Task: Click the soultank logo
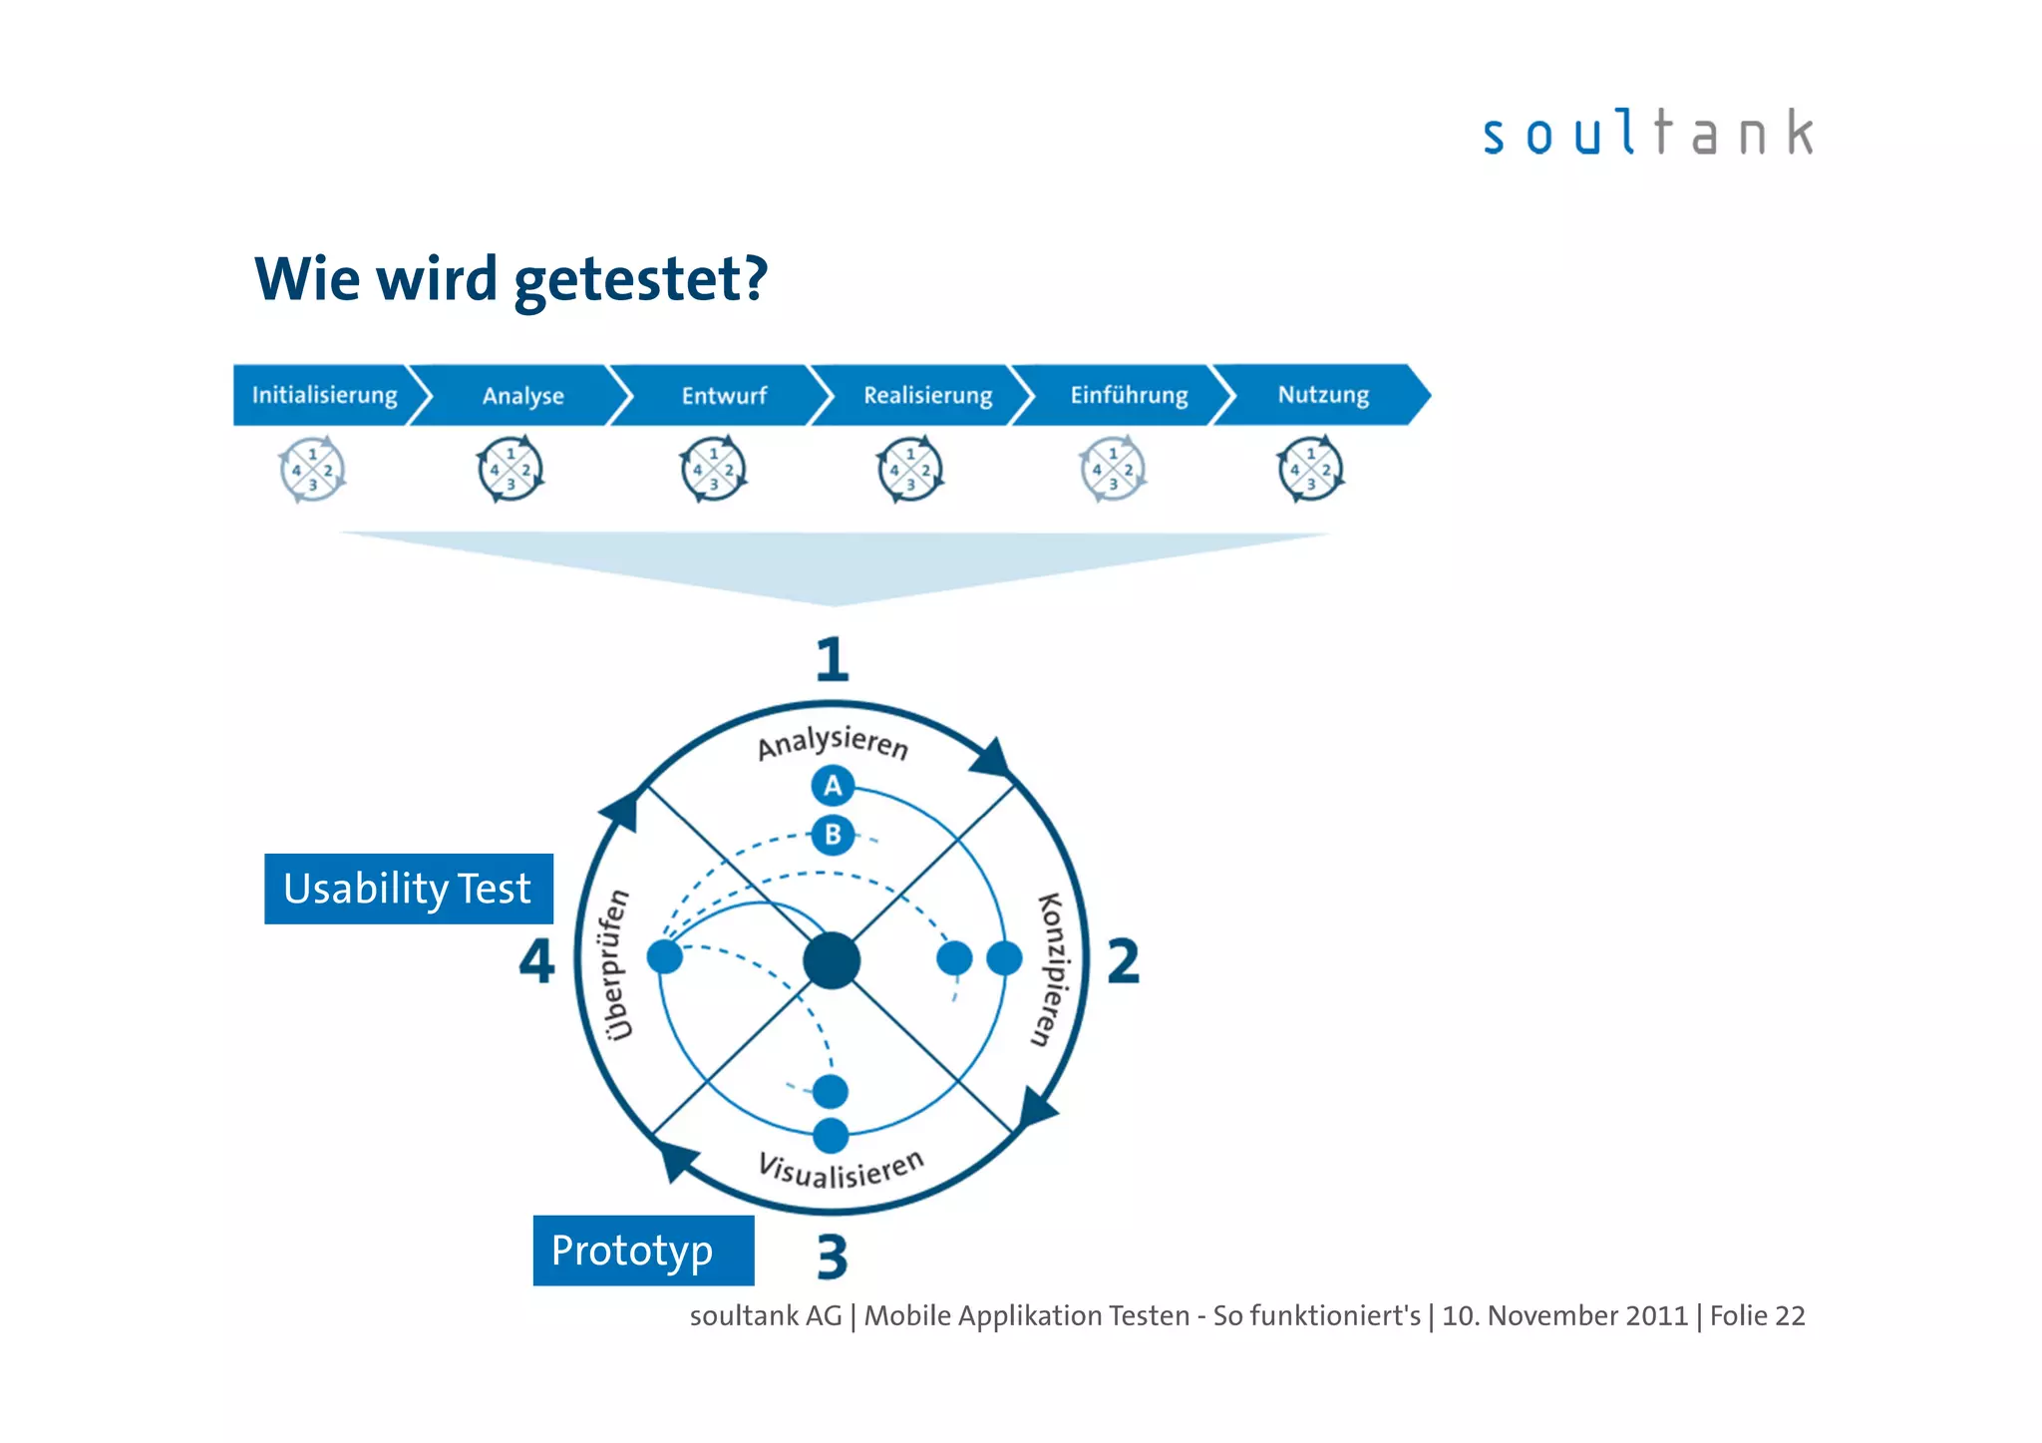pos(1647,134)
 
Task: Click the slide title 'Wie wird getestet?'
pos(511,279)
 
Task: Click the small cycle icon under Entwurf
pos(713,469)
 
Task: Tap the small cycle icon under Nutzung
pos(1310,469)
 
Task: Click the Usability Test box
pos(408,889)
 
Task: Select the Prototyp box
pos(643,1251)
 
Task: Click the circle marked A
pos(833,786)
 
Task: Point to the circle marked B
pos(833,835)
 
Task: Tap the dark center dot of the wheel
pos(832,960)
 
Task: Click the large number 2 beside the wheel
pos(1123,961)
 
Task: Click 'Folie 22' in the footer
pos(1757,1316)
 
